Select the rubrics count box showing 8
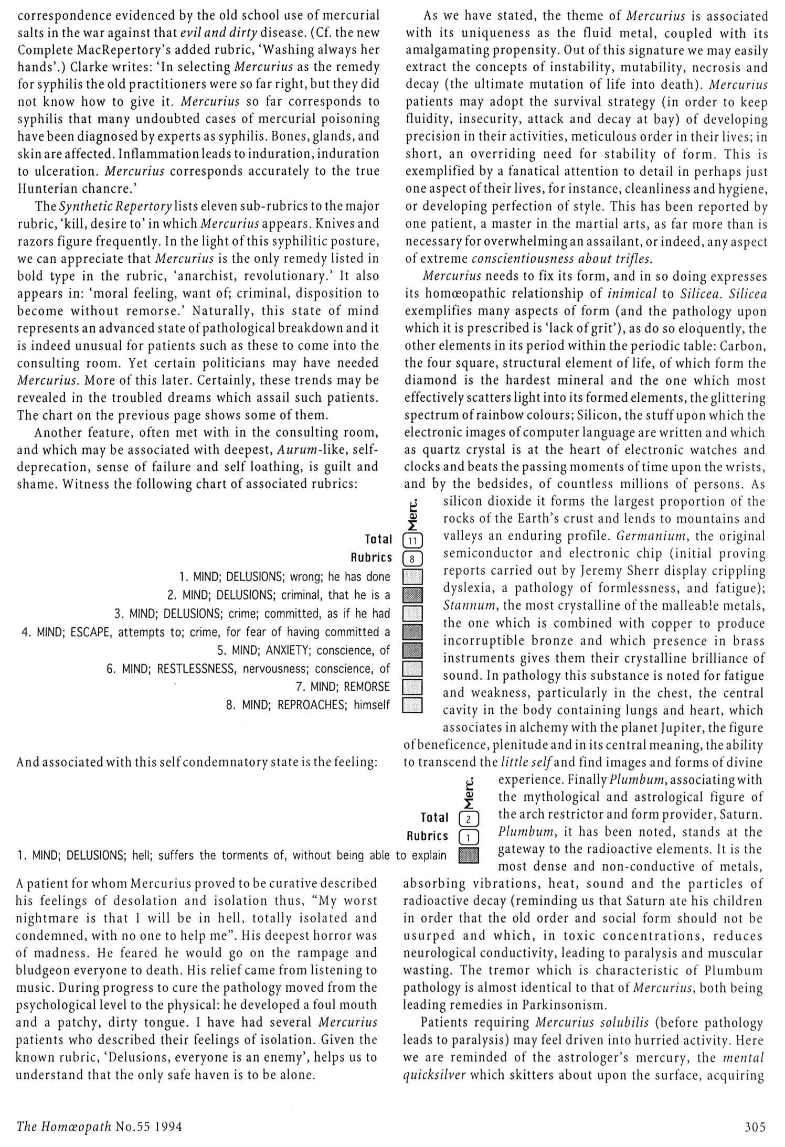point(412,559)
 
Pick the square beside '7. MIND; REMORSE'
point(412,687)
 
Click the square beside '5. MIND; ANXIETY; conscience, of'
point(412,650)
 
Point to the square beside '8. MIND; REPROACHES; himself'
point(412,705)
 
